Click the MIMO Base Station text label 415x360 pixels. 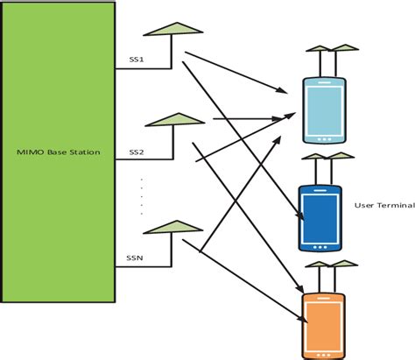point(59,152)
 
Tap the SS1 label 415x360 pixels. point(137,60)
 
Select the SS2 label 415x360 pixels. point(137,152)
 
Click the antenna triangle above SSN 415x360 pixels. point(170,227)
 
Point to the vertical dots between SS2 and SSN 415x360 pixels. point(143,197)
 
